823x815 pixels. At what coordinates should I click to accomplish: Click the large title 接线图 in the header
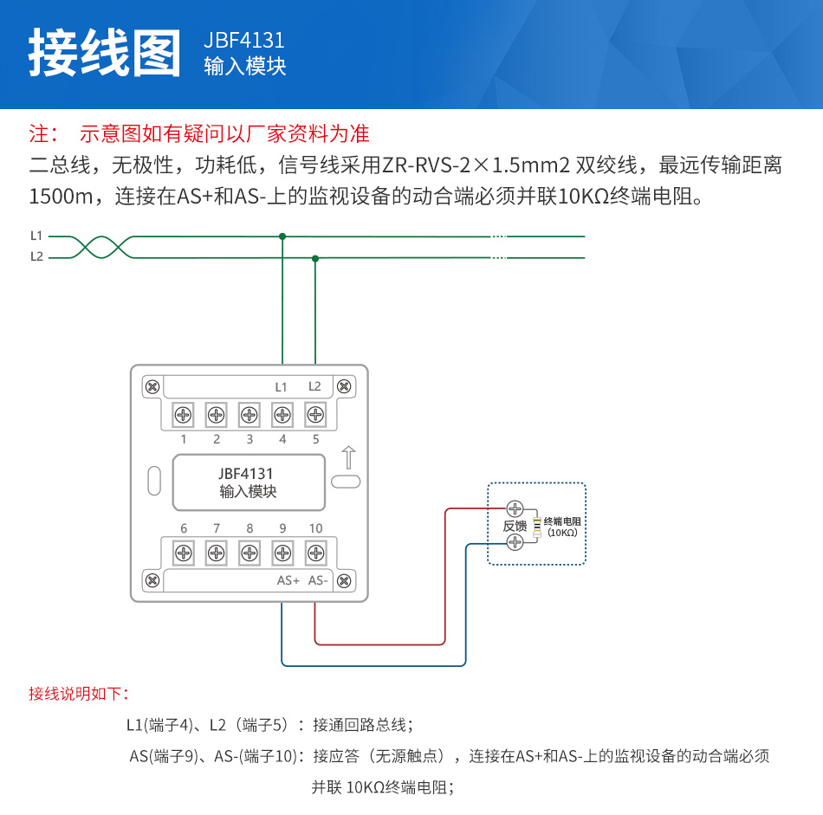(x=105, y=53)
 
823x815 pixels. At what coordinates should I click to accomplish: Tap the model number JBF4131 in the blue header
(x=244, y=41)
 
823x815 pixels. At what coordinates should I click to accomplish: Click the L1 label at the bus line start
(x=36, y=236)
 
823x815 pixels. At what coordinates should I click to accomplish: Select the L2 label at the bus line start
(x=36, y=256)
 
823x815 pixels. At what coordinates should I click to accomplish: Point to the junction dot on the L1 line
(x=282, y=236)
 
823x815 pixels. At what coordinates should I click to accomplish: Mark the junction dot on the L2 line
(x=315, y=257)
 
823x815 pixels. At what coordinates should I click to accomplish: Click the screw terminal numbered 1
(x=184, y=415)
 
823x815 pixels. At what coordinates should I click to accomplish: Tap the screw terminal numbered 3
(x=249, y=415)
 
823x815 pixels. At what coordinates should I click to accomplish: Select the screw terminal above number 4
(x=282, y=415)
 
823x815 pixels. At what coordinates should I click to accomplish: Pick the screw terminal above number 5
(x=315, y=415)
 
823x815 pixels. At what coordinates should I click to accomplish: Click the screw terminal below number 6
(x=184, y=553)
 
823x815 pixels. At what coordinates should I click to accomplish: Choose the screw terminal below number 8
(x=249, y=553)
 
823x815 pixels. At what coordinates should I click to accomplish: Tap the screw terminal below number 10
(x=315, y=553)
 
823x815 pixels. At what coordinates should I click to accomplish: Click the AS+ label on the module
(x=288, y=580)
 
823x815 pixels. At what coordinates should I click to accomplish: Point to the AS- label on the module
(x=318, y=580)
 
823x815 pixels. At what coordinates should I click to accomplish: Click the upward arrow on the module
(x=348, y=457)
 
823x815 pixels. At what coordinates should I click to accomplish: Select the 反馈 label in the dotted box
(x=515, y=526)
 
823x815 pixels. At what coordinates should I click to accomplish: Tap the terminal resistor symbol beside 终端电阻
(x=537, y=526)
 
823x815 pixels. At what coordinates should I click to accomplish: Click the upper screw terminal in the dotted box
(x=515, y=508)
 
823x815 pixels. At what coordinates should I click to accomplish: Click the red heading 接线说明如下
(x=79, y=694)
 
